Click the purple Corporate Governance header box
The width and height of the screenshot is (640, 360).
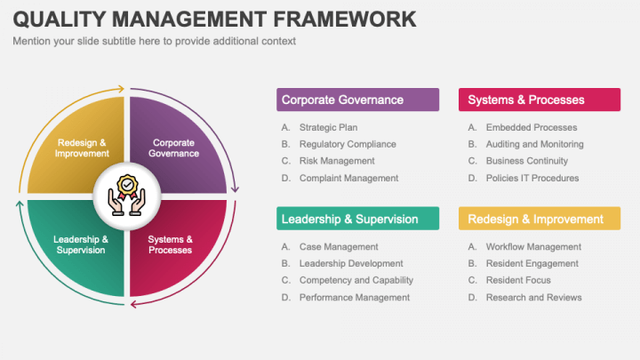point(358,100)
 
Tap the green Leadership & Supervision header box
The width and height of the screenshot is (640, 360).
point(358,219)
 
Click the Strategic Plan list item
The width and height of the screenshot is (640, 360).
point(328,127)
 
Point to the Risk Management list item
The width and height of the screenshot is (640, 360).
point(337,161)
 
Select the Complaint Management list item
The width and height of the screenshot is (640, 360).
point(348,178)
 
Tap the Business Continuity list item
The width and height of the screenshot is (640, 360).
point(526,161)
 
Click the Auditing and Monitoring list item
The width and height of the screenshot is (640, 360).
point(534,144)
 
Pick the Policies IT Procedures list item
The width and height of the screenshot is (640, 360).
point(532,178)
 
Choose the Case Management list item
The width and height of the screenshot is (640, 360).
point(339,246)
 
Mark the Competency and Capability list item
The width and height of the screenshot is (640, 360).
point(356,280)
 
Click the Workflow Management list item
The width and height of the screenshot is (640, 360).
point(533,246)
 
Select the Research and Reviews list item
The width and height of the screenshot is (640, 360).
point(533,297)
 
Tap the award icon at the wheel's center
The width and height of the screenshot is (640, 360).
point(126,196)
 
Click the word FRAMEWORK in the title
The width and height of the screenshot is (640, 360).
point(329,19)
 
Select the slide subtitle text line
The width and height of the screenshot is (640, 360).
point(154,41)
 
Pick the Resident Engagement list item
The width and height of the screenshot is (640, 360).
point(532,263)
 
